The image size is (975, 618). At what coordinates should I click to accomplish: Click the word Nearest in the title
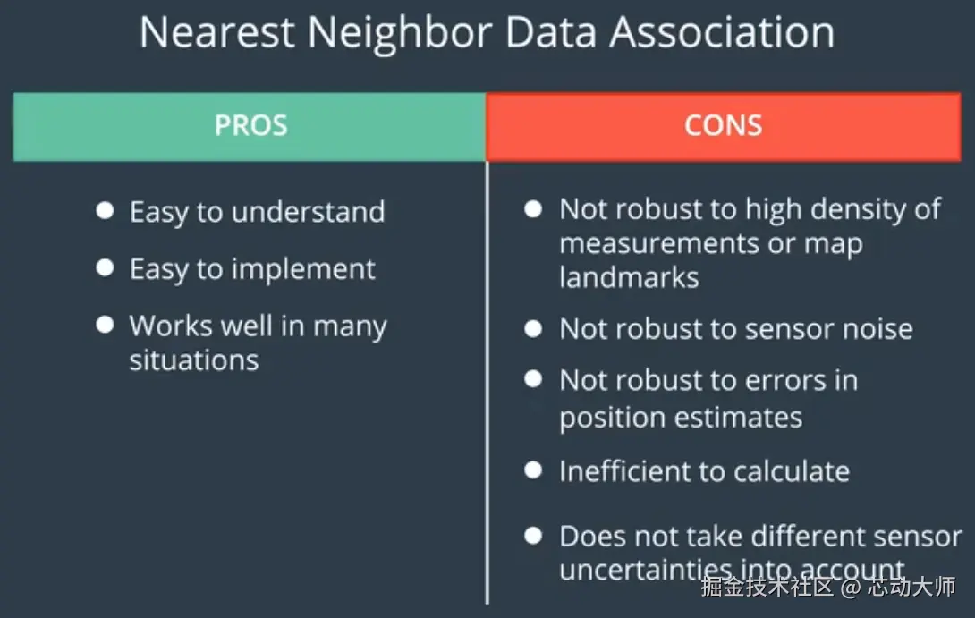[x=217, y=32]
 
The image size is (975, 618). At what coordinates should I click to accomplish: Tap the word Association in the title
[x=722, y=32]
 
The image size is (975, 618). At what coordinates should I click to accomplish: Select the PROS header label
[x=250, y=125]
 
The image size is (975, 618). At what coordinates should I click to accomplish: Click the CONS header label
[x=723, y=125]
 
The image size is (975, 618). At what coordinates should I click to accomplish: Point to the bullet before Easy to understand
[x=105, y=211]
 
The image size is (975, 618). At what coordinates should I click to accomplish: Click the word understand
[x=309, y=212]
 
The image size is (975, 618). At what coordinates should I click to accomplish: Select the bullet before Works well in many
[x=105, y=325]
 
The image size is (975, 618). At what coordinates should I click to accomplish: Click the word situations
[x=194, y=360]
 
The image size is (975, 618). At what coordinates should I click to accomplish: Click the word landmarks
[x=629, y=277]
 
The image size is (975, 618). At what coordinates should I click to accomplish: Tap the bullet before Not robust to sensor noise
[x=533, y=328]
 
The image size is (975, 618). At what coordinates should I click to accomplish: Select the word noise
[x=877, y=329]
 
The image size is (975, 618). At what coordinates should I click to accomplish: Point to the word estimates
[x=734, y=417]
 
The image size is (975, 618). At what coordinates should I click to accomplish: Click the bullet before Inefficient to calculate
[x=533, y=470]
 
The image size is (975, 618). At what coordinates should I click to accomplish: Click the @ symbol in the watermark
[x=850, y=587]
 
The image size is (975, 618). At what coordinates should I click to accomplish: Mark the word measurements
[x=659, y=244]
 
